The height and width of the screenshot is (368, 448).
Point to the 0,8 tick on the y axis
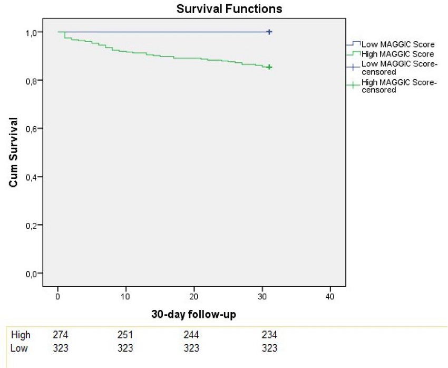click(33, 80)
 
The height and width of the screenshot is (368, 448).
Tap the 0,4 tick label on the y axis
click(33, 177)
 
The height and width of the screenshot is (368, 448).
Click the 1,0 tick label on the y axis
click(33, 32)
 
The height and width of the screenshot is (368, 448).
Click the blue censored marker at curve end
click(269, 32)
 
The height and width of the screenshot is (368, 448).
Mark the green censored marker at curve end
click(269, 67)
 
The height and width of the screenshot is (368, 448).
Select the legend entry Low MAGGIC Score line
click(398, 44)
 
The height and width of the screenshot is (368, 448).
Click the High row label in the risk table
click(21, 335)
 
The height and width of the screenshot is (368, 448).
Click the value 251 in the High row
click(125, 335)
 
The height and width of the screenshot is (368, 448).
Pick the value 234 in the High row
click(269, 335)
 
